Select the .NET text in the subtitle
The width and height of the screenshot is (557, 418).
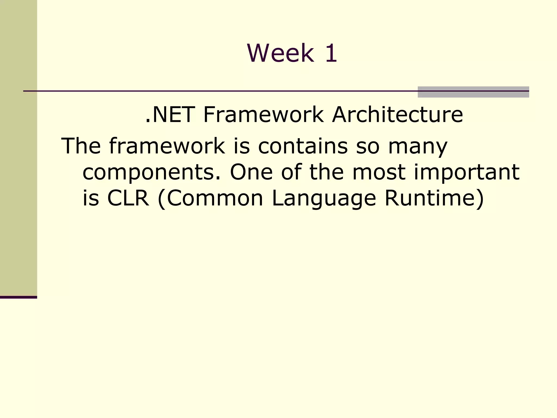170,115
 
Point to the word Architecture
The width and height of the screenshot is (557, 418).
397,115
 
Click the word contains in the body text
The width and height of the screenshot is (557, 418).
303,146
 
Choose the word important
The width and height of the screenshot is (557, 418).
466,173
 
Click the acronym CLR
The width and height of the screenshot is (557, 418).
128,198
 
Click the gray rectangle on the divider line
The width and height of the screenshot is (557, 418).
473,92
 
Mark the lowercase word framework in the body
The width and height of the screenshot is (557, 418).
167,146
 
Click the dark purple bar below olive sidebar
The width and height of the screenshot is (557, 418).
18,297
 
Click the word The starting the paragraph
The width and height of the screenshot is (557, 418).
81,146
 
